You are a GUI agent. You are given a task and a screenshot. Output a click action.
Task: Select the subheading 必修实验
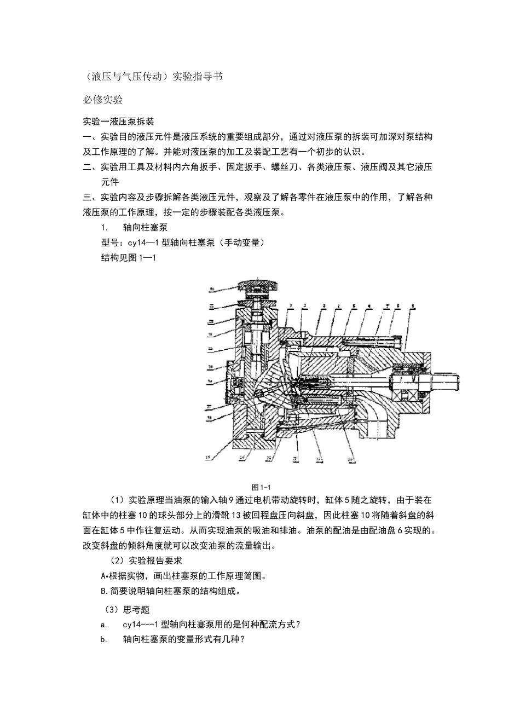pos(102,100)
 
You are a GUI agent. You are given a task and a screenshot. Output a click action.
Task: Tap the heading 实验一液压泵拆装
pos(118,121)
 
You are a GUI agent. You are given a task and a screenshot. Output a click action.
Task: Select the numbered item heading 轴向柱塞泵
pos(145,227)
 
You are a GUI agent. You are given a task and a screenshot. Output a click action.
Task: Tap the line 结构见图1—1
pos(129,258)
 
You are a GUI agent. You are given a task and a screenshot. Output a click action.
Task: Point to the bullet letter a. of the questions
pos(103,625)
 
